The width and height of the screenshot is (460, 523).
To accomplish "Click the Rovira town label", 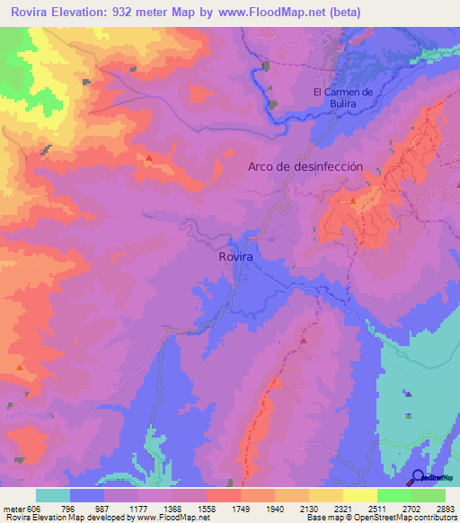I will [235, 256].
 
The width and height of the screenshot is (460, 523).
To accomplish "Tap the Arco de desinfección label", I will [305, 166].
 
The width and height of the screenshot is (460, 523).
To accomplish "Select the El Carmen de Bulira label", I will [342, 98].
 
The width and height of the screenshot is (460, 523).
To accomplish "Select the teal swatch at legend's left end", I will [53, 495].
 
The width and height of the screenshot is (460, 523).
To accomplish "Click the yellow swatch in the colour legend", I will [360, 495].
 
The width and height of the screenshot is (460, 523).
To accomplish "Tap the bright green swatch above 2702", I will [394, 495].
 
